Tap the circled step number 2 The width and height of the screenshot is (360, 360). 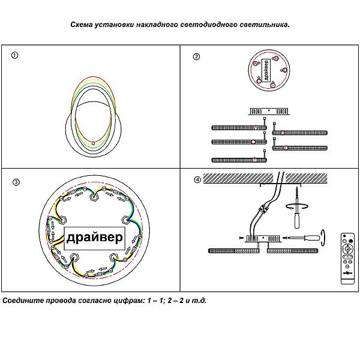click(x=196, y=57)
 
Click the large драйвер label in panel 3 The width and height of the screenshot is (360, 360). click(x=94, y=238)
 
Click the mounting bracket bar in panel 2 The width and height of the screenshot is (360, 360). click(x=269, y=111)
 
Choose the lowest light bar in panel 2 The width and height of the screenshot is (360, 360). click(x=238, y=159)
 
